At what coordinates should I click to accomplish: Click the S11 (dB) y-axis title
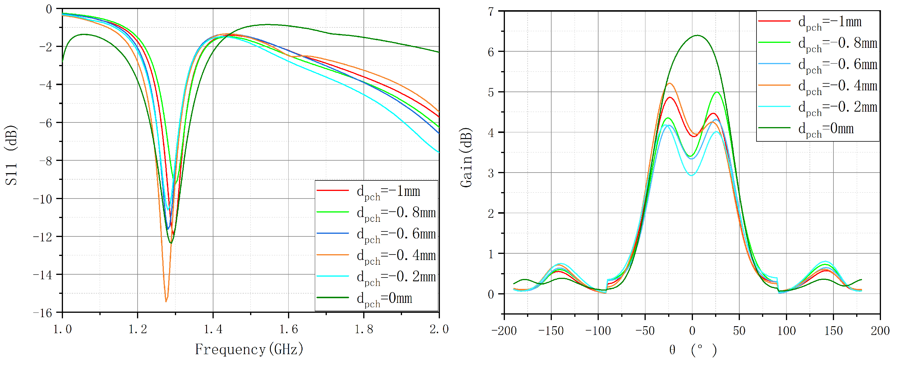[x=11, y=155]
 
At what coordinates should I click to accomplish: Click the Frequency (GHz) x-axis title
[x=249, y=349]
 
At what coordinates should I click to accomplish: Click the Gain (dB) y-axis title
[x=466, y=158]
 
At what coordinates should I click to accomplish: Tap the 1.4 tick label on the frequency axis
[x=213, y=329]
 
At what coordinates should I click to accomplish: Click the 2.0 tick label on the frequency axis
[x=439, y=329]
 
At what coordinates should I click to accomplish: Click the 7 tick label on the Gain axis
[x=491, y=12]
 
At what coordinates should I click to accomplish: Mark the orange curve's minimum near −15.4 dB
[x=166, y=301]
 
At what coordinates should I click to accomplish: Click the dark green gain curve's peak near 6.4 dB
[x=698, y=35]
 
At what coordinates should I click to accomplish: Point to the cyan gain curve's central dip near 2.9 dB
[x=691, y=175]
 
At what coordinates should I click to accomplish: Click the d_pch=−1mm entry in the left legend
[x=376, y=191]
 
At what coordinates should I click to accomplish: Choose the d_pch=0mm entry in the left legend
[x=376, y=298]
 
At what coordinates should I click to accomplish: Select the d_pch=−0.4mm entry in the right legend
[x=818, y=86]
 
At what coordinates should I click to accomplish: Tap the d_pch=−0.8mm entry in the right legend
[x=818, y=43]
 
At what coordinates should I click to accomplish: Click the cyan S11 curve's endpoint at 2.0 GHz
[x=439, y=152]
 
